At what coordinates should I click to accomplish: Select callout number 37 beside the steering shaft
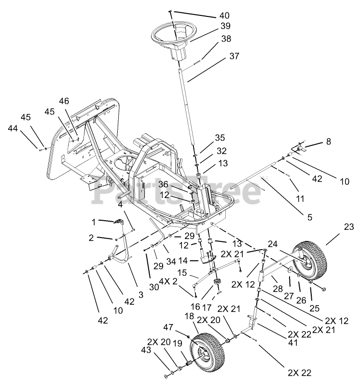(x=234, y=56)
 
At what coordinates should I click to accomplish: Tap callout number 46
(x=64, y=101)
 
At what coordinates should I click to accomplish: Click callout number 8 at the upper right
(x=329, y=142)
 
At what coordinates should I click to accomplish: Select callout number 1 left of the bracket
(x=94, y=222)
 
